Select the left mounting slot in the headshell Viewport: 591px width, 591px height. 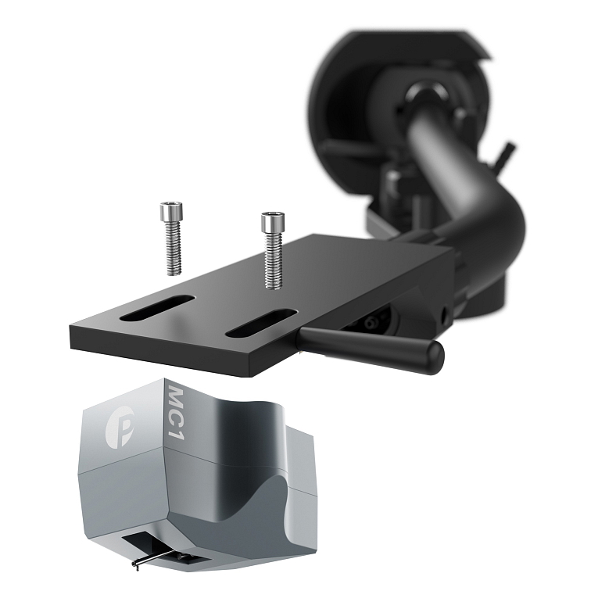159,308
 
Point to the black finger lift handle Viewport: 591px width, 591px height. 367,343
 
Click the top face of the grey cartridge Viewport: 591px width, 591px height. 235,407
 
